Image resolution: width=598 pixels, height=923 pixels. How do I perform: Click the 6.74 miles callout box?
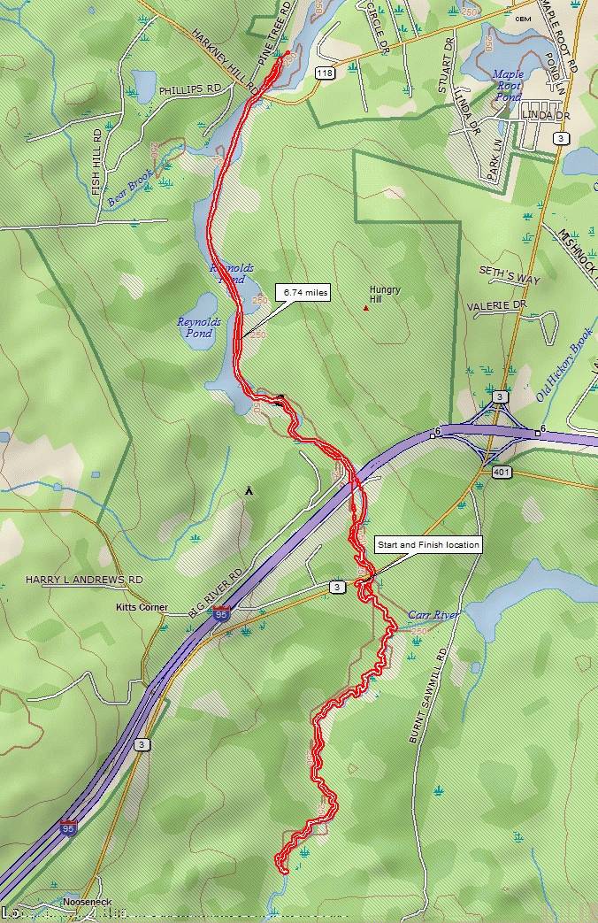(x=303, y=292)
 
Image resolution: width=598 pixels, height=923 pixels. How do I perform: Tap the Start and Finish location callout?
(x=428, y=544)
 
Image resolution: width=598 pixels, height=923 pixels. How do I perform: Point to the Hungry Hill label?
(x=385, y=294)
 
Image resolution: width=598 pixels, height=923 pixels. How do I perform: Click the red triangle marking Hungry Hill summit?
(x=365, y=308)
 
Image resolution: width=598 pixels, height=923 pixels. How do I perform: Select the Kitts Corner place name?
(x=142, y=608)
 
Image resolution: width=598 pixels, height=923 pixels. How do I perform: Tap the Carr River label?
(x=433, y=614)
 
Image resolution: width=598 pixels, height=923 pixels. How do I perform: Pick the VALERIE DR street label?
(x=497, y=305)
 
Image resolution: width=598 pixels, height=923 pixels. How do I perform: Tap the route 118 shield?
(x=324, y=74)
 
